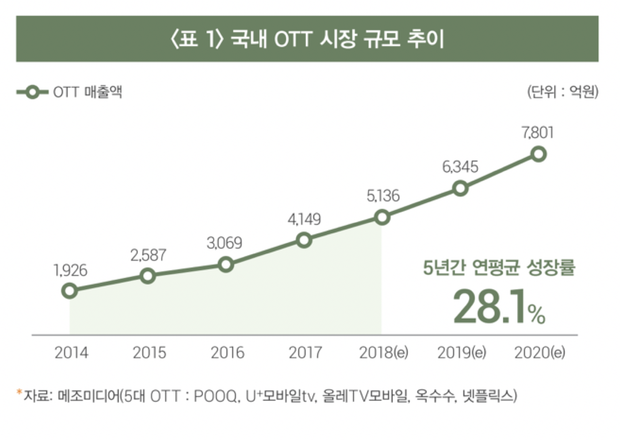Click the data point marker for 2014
(x=70, y=290)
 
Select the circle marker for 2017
(x=304, y=240)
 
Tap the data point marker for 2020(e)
(x=538, y=154)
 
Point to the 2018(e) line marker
(x=382, y=218)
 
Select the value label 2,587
(x=148, y=255)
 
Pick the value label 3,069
(x=226, y=243)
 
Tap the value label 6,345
(x=460, y=167)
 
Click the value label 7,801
(x=538, y=132)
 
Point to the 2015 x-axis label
(x=150, y=353)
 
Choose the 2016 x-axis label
(x=227, y=353)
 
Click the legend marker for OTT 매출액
(x=32, y=92)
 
